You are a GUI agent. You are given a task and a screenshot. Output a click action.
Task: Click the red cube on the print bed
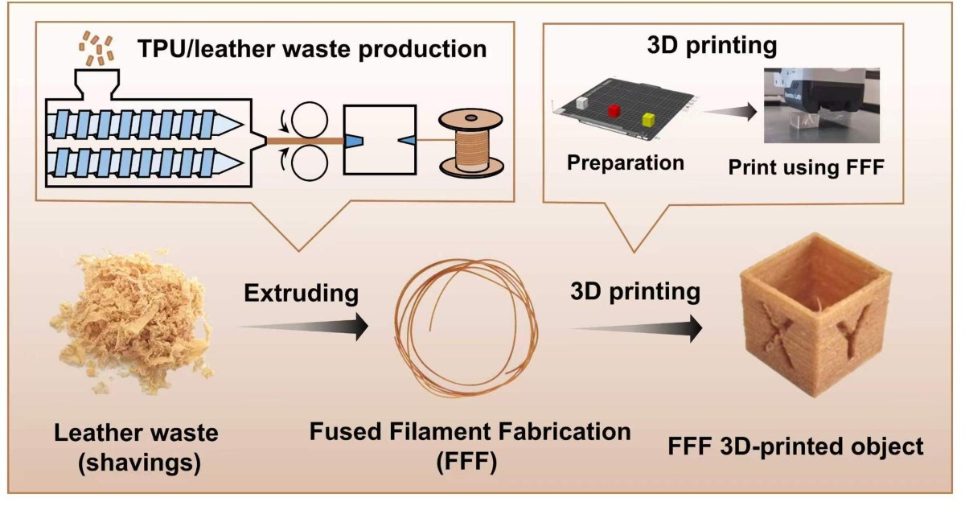(x=614, y=110)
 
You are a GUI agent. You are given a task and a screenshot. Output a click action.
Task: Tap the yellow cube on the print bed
(x=648, y=120)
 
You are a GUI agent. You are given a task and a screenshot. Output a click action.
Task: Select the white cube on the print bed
(x=581, y=103)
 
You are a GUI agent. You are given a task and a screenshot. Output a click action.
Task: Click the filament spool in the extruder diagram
(x=471, y=143)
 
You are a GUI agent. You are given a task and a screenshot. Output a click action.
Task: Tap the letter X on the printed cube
(x=780, y=336)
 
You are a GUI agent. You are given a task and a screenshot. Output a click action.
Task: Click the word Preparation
(x=626, y=163)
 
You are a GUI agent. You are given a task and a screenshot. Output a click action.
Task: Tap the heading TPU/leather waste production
(x=312, y=49)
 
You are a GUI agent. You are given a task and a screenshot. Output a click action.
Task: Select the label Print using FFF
(x=806, y=167)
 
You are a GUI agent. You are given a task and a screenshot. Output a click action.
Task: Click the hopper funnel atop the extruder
(x=97, y=84)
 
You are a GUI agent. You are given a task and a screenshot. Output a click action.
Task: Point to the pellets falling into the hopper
(x=96, y=47)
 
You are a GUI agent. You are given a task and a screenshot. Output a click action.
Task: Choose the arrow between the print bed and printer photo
(x=730, y=112)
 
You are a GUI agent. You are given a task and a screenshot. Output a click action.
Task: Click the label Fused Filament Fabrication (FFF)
(x=470, y=447)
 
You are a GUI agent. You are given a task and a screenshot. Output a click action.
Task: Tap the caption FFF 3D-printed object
(x=795, y=446)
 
